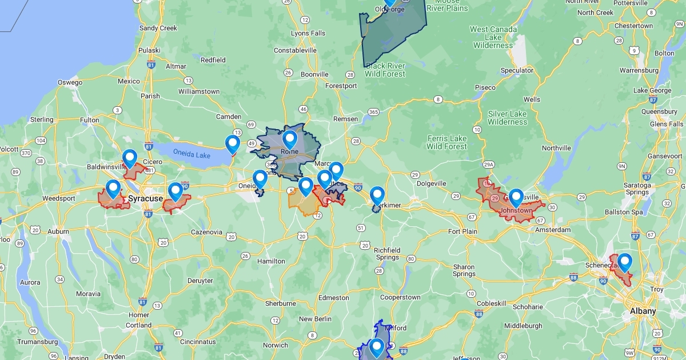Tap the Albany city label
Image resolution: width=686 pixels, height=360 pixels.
pos(643,311)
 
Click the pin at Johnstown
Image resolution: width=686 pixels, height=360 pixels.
pos(516,198)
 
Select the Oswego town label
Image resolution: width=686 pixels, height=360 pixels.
pos(70,82)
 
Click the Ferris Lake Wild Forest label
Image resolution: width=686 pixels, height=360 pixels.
pos(446,142)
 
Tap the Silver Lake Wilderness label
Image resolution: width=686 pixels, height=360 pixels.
pos(507,118)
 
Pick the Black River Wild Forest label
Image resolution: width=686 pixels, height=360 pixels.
pos(385,70)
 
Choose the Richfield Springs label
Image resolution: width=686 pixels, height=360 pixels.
pos(387,254)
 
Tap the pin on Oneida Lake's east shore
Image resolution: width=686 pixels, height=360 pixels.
pos(233,145)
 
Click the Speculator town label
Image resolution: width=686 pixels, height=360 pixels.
pos(517,70)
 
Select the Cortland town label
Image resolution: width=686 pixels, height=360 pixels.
pos(139,325)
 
